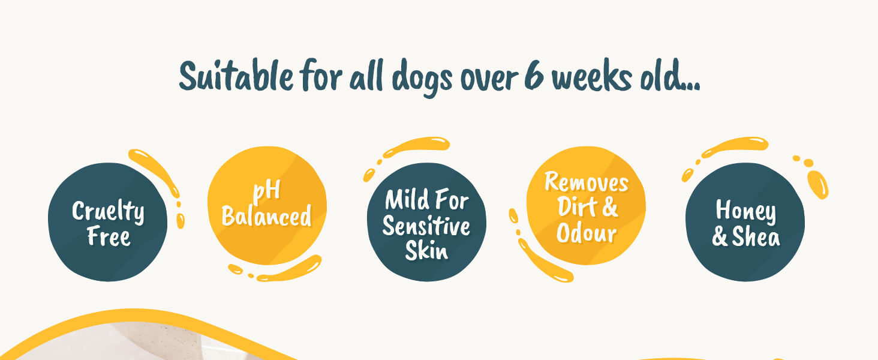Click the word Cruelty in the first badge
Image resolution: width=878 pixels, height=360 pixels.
pos(108,211)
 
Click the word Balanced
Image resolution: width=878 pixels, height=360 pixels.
pos(267,216)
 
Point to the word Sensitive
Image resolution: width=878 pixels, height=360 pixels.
pos(426,226)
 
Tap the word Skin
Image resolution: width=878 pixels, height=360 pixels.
pos(426,250)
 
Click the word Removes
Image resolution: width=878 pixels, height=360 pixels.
pos(586,182)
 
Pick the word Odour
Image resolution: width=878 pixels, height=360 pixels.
pos(586,233)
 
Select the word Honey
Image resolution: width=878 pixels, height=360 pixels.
pos(745,211)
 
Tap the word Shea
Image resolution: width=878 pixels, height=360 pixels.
pos(756,237)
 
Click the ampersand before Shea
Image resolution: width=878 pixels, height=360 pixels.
pos(720,237)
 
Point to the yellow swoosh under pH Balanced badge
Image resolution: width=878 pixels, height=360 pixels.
pos(288,270)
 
